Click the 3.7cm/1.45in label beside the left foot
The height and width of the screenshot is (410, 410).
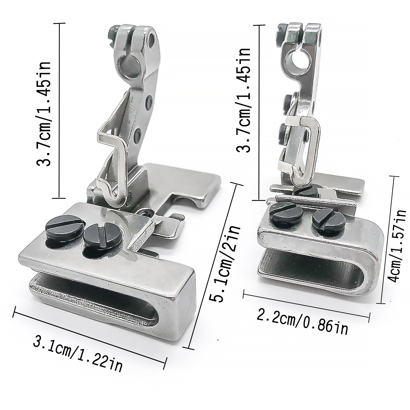click(x=44, y=114)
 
